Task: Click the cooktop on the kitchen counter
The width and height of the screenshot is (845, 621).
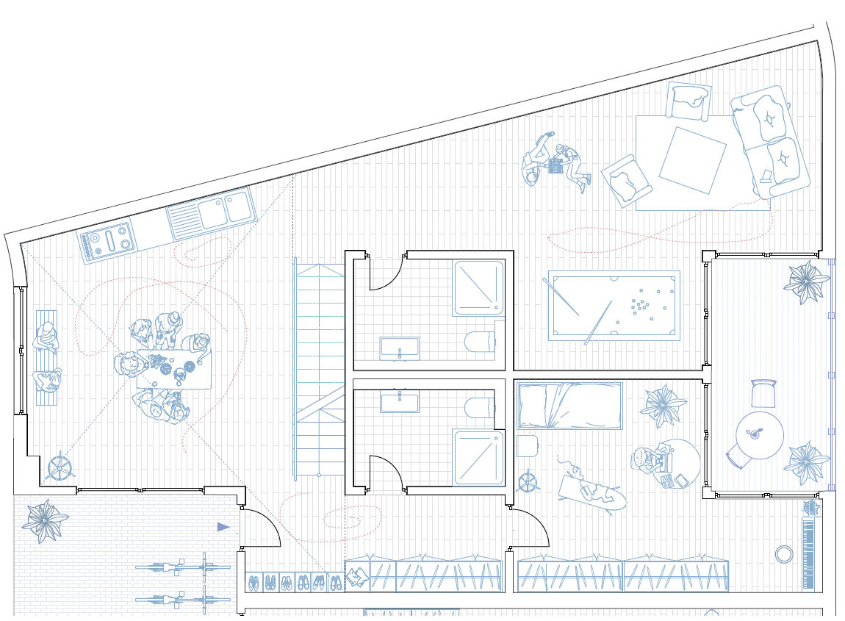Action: pos(107,241)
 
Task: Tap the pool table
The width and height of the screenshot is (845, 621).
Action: pos(614,305)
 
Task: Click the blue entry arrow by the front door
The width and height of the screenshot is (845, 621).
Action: pos(223,527)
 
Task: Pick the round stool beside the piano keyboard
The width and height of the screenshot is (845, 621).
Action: pos(784,553)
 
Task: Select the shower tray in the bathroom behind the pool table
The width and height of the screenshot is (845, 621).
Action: pos(479,287)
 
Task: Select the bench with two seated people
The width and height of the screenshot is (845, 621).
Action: pos(46,359)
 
